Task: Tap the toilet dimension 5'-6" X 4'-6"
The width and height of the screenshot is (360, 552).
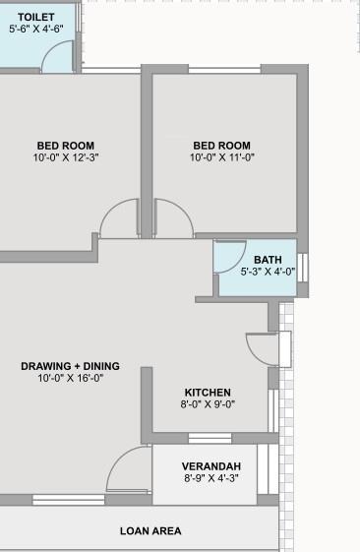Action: point(36,30)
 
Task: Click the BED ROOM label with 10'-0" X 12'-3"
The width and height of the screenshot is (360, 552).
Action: point(66,145)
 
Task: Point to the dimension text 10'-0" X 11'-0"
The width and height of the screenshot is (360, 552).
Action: point(222,157)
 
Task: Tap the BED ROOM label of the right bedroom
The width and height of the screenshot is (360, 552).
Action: point(221,145)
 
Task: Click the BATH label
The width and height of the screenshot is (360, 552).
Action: point(268,260)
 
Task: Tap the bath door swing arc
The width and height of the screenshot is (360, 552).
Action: point(229,257)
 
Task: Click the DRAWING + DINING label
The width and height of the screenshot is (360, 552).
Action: point(71,366)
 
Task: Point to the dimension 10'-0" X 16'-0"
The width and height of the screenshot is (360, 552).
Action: point(71,378)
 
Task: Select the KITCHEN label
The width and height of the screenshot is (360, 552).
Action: point(208,391)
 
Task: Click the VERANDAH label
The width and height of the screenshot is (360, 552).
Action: point(211,466)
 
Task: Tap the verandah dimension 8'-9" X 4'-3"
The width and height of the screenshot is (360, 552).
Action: point(211,478)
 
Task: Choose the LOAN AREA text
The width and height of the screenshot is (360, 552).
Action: point(150,531)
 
